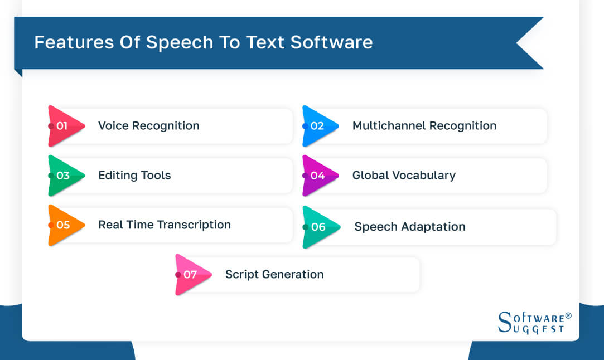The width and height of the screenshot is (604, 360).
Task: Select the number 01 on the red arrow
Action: click(62, 126)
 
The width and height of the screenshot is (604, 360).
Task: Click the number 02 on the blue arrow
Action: click(317, 126)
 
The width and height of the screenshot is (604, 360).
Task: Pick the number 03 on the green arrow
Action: click(62, 176)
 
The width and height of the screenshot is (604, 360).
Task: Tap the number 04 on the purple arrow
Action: click(317, 176)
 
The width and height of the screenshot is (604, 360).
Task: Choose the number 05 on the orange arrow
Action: click(62, 225)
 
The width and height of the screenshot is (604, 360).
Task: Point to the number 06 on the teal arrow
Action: click(318, 227)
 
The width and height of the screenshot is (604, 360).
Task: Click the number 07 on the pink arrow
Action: click(190, 274)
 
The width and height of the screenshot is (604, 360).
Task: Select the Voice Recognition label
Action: click(148, 126)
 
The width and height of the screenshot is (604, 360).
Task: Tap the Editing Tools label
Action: click(134, 176)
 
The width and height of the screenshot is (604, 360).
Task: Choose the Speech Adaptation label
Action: click(410, 227)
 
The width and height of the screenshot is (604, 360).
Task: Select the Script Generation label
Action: click(274, 274)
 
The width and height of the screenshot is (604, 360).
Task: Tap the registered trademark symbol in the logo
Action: click(568, 315)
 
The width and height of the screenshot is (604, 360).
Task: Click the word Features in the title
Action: click(68, 42)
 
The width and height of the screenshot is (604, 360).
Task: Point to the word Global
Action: click(369, 176)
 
